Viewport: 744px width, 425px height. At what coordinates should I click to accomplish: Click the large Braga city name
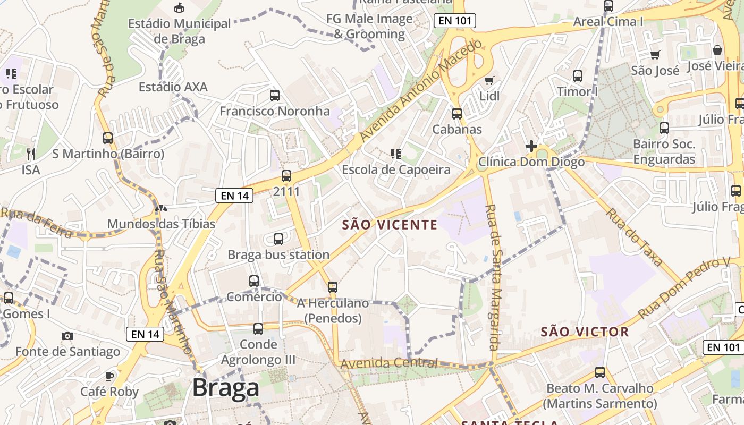(225, 388)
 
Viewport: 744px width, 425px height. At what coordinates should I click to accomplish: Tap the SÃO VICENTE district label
(390, 225)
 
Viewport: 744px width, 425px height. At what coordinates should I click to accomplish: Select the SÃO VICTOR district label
(585, 332)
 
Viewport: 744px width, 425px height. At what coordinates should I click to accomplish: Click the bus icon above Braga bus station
(278, 239)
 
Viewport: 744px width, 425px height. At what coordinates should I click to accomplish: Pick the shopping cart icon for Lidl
(489, 81)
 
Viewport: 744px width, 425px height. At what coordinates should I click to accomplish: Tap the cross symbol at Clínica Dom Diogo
(531, 146)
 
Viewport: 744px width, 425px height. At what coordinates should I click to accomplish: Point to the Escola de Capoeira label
(396, 169)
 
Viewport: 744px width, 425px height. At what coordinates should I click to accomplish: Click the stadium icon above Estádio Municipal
(180, 7)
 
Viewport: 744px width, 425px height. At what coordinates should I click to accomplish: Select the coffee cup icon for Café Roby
(109, 376)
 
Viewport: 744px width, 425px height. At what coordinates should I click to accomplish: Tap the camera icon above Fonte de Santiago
(67, 336)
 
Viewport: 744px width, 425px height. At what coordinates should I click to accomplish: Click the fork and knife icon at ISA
(31, 154)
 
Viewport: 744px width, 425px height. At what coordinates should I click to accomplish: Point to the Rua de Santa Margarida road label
(492, 276)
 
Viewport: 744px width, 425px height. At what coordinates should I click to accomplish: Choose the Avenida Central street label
(389, 364)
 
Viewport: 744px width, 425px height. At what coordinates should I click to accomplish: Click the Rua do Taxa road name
(635, 236)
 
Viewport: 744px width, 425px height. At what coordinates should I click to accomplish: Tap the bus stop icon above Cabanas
(457, 113)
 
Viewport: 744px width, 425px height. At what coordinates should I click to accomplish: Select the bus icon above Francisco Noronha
(275, 96)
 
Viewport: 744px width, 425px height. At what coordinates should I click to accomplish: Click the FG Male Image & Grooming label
(370, 27)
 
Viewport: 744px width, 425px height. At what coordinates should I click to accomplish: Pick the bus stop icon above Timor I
(578, 76)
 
